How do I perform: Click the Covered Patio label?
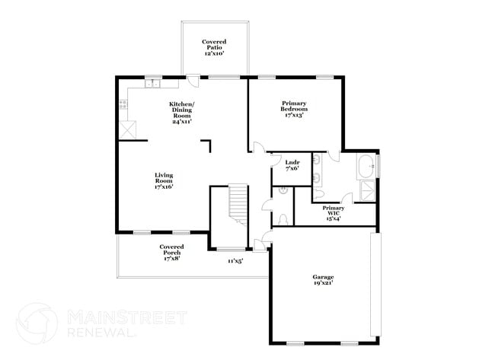click(x=214, y=47)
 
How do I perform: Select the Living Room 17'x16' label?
click(x=164, y=180)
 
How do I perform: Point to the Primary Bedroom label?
click(x=294, y=109)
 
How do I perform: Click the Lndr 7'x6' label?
click(x=292, y=165)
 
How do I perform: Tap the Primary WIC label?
click(x=333, y=212)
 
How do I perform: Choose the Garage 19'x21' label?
click(x=323, y=279)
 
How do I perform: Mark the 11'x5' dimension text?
click(x=235, y=261)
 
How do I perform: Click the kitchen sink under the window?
click(x=152, y=83)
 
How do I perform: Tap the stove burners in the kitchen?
click(x=123, y=106)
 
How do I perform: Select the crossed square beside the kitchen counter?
click(x=128, y=130)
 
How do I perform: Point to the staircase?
click(x=239, y=203)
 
